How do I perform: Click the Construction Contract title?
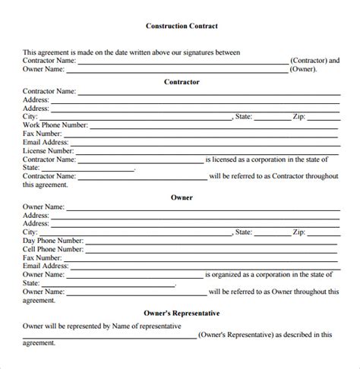182,26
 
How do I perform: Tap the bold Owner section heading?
182,197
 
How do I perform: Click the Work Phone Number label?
55,125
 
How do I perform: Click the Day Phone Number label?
54,241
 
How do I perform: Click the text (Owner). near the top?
305,68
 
